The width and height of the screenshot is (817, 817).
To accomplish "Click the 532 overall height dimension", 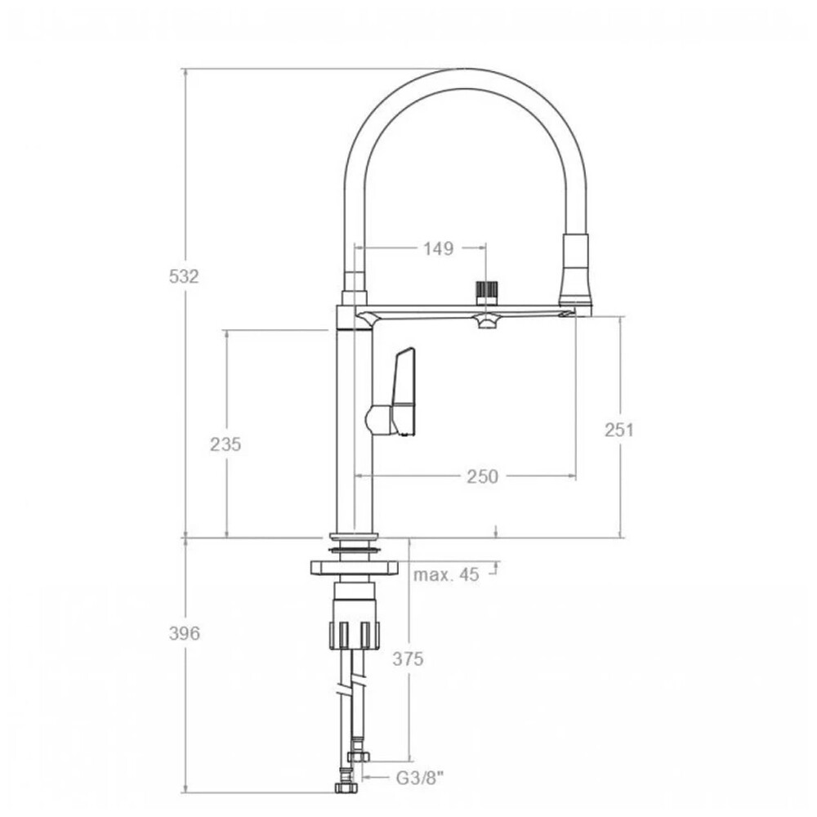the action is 184,276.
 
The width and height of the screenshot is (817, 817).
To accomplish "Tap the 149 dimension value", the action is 438,248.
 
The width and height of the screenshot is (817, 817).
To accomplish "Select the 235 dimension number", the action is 225,444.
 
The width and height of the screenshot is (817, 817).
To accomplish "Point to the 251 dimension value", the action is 619,430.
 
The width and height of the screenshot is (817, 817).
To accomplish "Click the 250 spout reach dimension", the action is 483,476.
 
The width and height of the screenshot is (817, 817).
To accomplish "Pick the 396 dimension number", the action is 185,634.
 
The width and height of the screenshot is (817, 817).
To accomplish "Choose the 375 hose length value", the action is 408,659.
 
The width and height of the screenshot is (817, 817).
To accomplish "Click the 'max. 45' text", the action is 446,574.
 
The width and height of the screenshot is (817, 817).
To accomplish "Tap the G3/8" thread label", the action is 420,779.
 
